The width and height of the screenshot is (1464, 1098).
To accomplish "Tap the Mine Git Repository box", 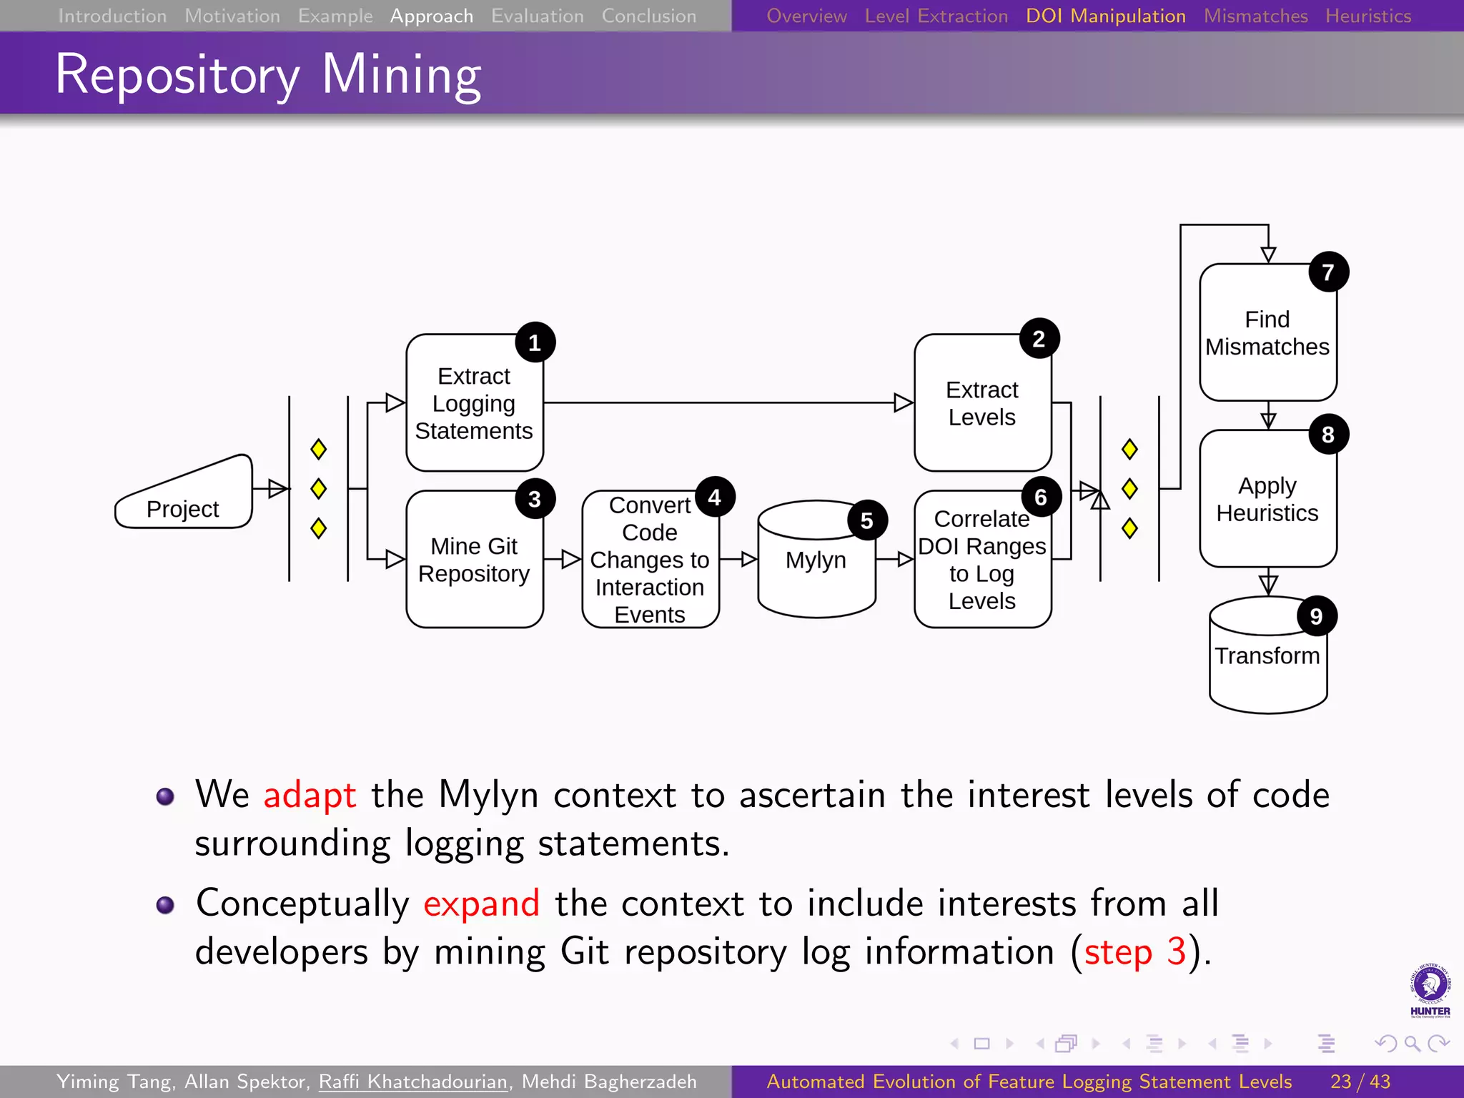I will (474, 560).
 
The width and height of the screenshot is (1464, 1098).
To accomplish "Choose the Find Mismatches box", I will (1267, 333).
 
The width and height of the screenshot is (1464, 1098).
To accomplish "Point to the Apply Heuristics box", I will (1267, 499).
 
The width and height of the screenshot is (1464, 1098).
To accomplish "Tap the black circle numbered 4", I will (715, 497).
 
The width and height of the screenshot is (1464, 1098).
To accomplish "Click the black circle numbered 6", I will (1041, 497).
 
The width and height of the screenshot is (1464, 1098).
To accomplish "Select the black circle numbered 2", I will (1039, 339).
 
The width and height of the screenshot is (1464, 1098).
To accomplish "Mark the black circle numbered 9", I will (1316, 616).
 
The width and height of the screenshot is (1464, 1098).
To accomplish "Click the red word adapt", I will (310, 795).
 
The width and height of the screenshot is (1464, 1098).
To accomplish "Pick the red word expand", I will (481, 904).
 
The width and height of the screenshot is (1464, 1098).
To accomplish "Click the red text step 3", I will (1134, 952).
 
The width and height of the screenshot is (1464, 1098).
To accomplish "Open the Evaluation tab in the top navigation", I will (537, 16).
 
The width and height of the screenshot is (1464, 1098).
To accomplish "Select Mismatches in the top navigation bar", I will (1255, 16).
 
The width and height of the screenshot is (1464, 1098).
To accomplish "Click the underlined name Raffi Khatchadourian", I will (413, 1082).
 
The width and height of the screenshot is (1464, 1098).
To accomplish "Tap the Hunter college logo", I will (1430, 990).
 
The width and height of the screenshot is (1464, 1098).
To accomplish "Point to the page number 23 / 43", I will (1360, 1082).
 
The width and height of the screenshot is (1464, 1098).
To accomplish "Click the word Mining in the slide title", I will (401, 74).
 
